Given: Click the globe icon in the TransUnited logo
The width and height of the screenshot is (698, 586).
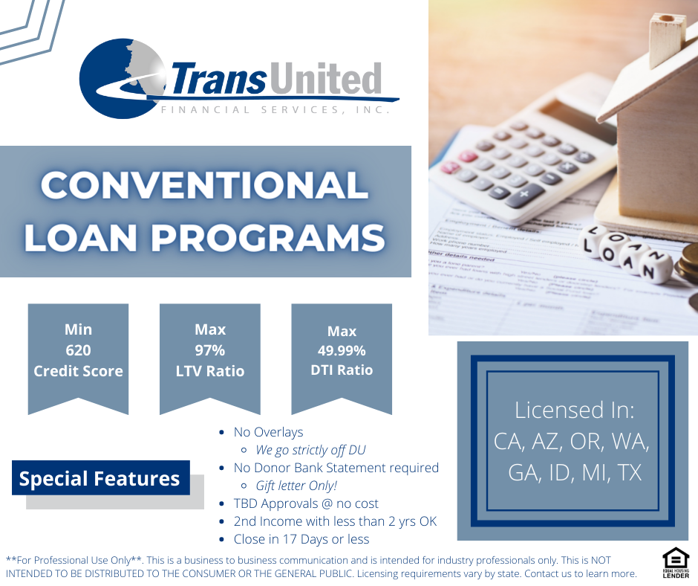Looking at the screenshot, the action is [121, 79].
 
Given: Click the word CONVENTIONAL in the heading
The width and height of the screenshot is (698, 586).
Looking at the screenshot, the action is [204, 185].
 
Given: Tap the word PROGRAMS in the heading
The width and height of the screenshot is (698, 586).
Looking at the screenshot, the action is [268, 237].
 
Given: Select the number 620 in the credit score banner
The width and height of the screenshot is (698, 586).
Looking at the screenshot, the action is [79, 350].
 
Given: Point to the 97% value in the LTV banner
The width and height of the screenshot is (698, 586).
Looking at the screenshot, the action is [209, 350].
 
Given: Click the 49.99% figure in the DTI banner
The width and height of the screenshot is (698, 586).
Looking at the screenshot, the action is [342, 351].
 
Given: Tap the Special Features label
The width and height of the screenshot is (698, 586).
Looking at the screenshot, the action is [100, 478].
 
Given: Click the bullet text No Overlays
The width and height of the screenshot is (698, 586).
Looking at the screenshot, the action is [268, 432].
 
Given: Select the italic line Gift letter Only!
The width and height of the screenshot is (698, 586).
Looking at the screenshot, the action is [296, 486].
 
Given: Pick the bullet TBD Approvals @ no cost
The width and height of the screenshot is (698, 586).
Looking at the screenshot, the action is [306, 503].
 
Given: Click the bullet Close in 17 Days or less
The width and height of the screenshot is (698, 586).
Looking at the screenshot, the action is [301, 539].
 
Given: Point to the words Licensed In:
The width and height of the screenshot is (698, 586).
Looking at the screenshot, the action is [574, 410].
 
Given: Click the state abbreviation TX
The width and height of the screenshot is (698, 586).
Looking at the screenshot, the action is [630, 473].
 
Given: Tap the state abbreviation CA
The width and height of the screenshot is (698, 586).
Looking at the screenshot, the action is [507, 442].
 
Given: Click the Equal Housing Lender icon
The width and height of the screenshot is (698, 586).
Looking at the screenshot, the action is [676, 563].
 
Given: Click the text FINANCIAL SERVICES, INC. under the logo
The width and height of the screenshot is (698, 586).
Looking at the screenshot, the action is [275, 110].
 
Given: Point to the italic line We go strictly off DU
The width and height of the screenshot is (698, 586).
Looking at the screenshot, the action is [310, 450].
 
